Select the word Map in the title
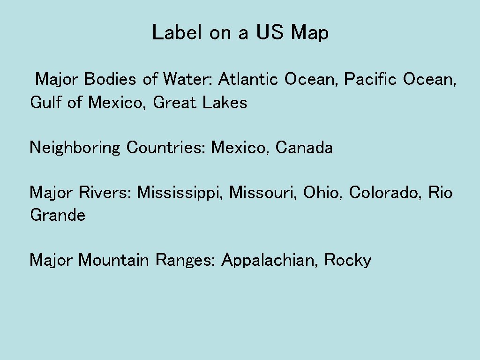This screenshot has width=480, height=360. (x=309, y=33)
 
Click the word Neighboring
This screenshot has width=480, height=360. (x=75, y=148)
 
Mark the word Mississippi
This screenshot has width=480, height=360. (x=180, y=193)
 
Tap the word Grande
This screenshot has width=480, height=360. (x=58, y=216)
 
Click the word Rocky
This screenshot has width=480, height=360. (x=348, y=260)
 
